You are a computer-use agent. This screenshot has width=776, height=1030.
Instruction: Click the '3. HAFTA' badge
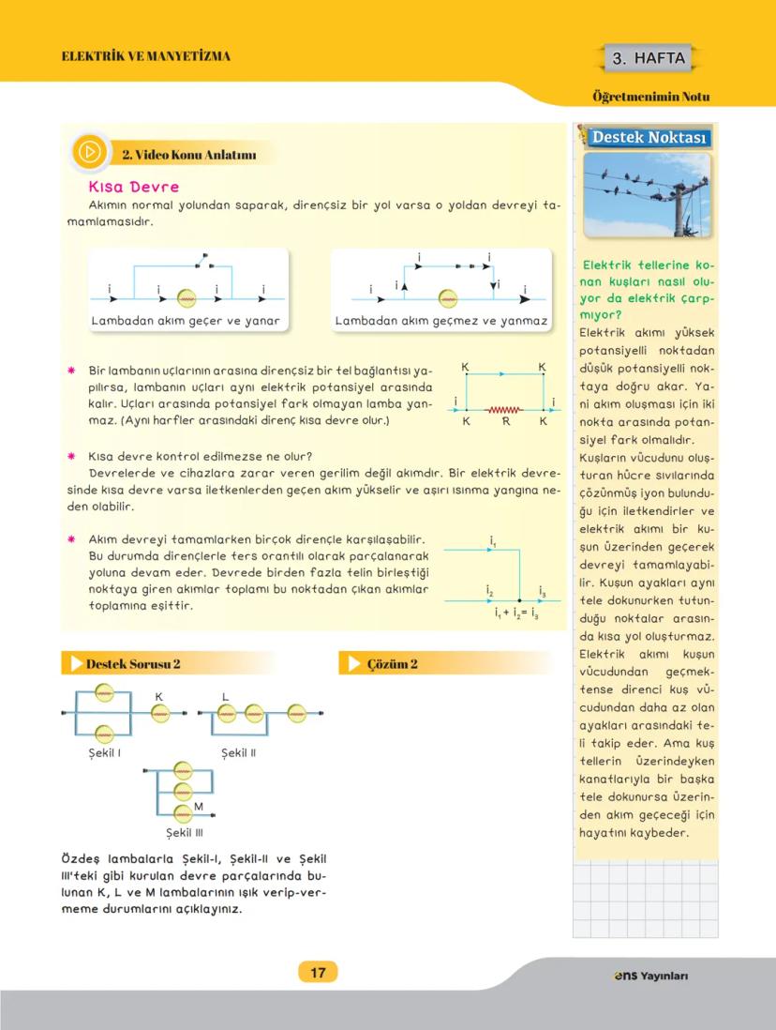click(x=649, y=59)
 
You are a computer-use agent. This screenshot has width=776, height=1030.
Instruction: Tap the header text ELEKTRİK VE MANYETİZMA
click(x=145, y=56)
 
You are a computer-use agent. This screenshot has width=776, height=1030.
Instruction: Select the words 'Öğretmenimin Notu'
click(x=651, y=97)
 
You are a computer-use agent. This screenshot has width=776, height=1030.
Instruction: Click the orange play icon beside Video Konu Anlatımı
click(x=90, y=153)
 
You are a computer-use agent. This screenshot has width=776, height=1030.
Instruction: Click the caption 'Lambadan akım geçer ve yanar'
click(x=187, y=321)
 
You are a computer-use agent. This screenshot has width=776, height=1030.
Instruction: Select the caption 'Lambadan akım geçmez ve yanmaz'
click(x=440, y=321)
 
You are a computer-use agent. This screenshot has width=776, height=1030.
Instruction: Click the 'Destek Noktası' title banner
click(x=649, y=138)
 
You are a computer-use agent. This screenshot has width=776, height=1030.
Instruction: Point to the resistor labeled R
click(x=504, y=409)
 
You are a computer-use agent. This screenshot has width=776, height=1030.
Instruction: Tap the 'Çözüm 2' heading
click(x=393, y=663)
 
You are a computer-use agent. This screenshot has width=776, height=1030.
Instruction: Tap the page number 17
click(x=318, y=973)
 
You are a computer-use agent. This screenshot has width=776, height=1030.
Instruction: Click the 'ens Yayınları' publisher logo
click(x=644, y=976)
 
